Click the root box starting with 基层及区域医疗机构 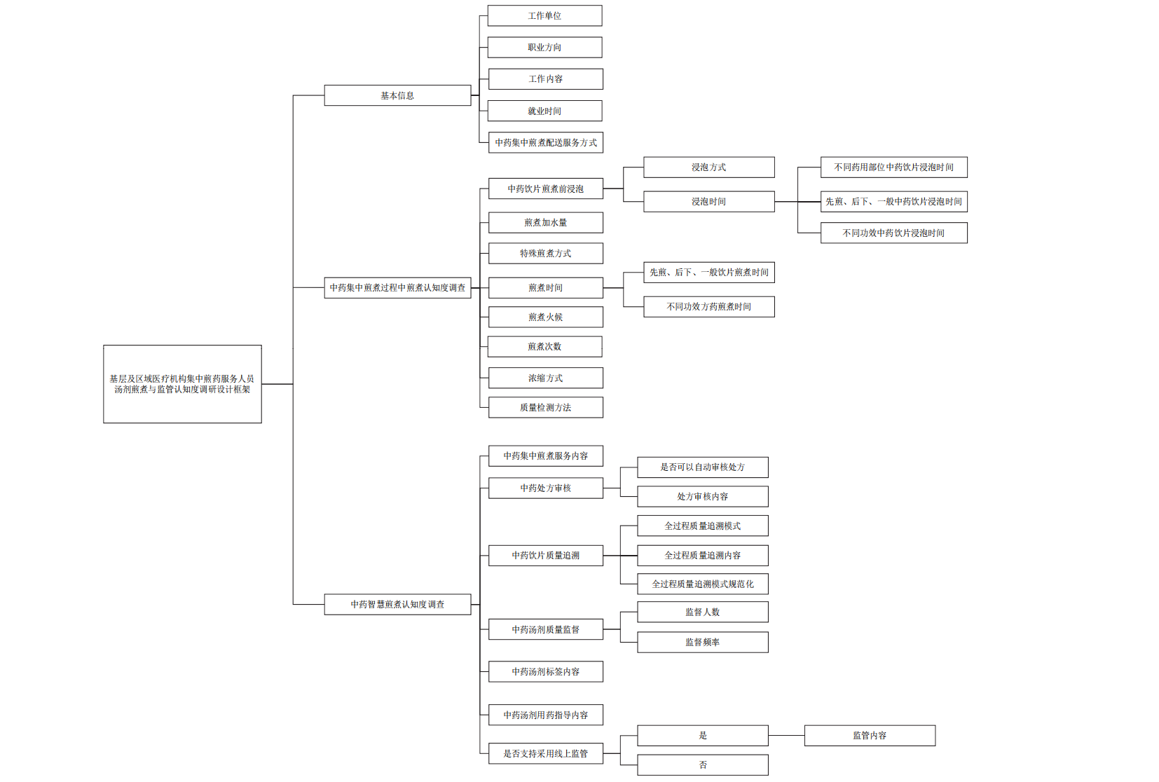point(182,384)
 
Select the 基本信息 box point(397,95)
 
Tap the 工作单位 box point(544,16)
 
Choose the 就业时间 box point(544,111)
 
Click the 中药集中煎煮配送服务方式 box point(545,143)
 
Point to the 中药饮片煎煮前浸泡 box point(545,189)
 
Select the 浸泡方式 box point(708,167)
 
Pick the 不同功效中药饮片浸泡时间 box point(893,233)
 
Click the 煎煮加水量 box point(545,223)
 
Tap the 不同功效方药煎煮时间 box point(708,307)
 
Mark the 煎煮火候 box point(545,317)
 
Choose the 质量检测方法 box point(545,408)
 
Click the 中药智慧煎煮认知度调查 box point(397,604)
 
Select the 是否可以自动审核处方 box point(702,467)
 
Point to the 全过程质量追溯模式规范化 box point(702,584)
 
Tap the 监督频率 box point(702,643)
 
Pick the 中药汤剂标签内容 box point(545,672)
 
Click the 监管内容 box point(869,736)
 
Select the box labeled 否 point(702,765)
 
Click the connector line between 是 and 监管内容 point(786,736)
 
